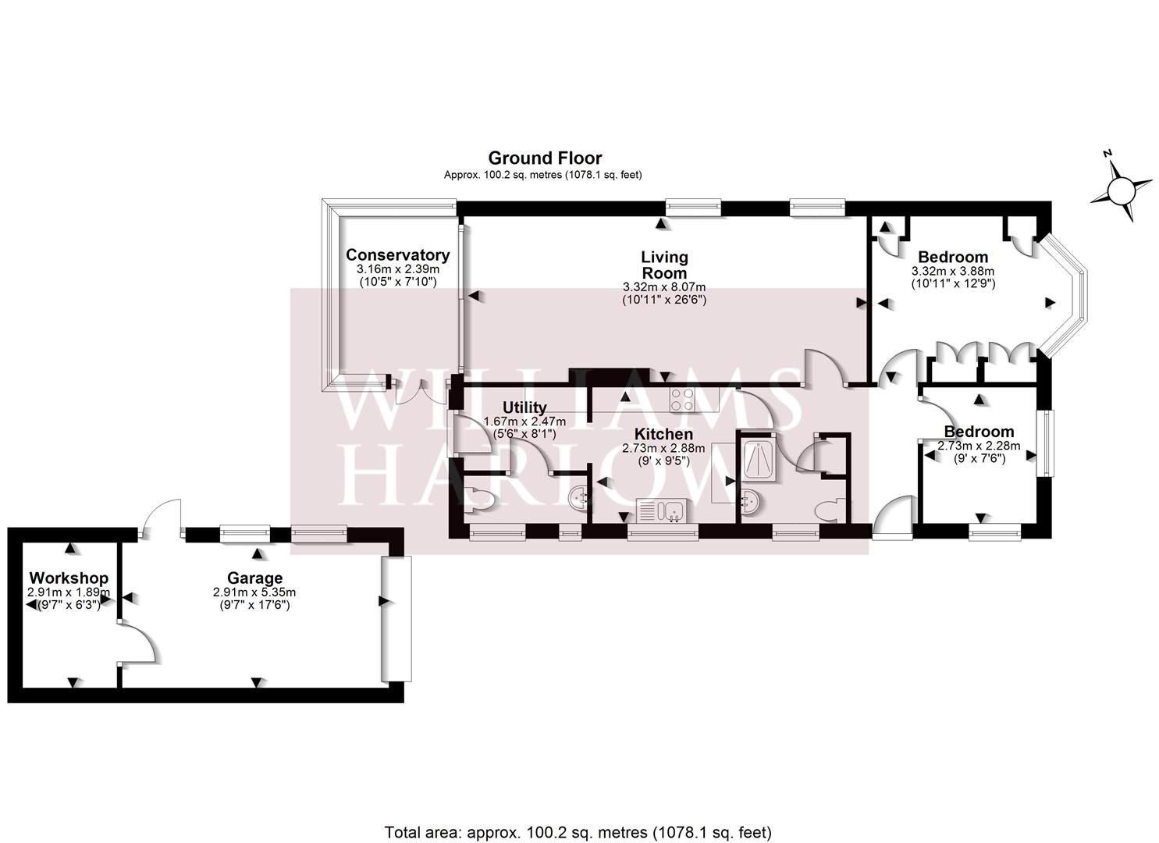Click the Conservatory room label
coord(397,255)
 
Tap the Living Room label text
coord(663,265)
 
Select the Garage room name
coord(254,578)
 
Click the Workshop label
coord(69,578)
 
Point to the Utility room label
coord(524,407)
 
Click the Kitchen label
coord(663,434)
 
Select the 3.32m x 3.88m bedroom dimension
coord(952,271)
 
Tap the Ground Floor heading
coord(545,158)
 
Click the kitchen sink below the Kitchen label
coord(661,511)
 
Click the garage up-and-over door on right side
coord(396,618)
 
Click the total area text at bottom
coord(578,831)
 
